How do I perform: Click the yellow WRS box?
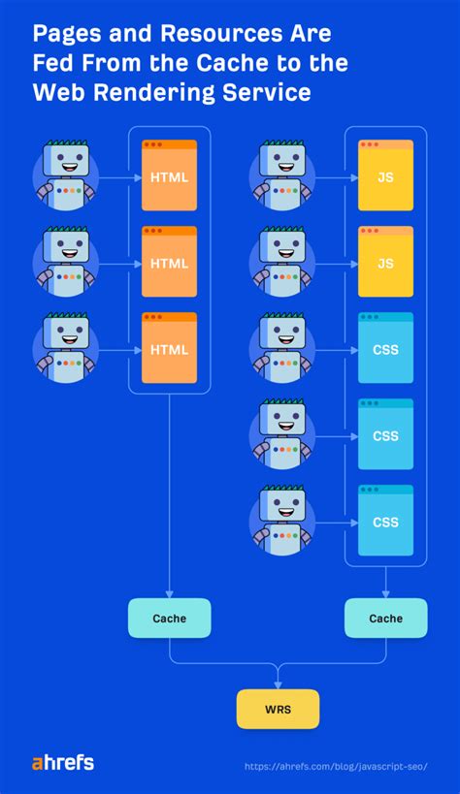click(x=278, y=709)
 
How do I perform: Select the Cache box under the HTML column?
click(x=169, y=618)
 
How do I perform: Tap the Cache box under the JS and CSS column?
click(x=385, y=618)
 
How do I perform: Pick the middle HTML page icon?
click(x=169, y=262)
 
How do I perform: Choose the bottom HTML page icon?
click(x=169, y=348)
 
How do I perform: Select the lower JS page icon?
click(x=385, y=262)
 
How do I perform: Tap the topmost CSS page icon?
click(x=385, y=348)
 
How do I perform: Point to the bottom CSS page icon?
click(x=385, y=521)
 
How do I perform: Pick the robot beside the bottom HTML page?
click(x=66, y=348)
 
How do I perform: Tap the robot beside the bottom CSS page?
click(x=282, y=521)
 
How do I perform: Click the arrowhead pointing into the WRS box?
click(x=278, y=684)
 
